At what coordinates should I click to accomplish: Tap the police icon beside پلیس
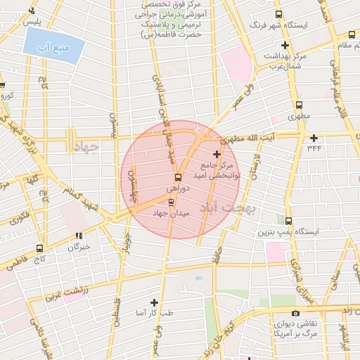[x=32, y=11]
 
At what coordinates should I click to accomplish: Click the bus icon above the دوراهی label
[x=176, y=177]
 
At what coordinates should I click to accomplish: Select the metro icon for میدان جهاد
[x=172, y=202]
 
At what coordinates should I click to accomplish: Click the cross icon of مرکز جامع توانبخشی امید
[x=216, y=154]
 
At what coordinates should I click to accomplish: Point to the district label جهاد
[x=86, y=144]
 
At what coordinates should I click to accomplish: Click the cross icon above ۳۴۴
[x=314, y=137]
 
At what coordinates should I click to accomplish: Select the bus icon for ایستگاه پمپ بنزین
[x=288, y=220]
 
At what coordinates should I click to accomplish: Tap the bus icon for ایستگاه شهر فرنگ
[x=279, y=14]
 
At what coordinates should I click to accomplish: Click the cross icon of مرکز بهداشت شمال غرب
[x=285, y=45]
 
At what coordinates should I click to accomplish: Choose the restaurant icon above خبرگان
[x=79, y=236]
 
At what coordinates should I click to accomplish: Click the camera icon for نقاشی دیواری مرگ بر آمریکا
[x=295, y=313]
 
